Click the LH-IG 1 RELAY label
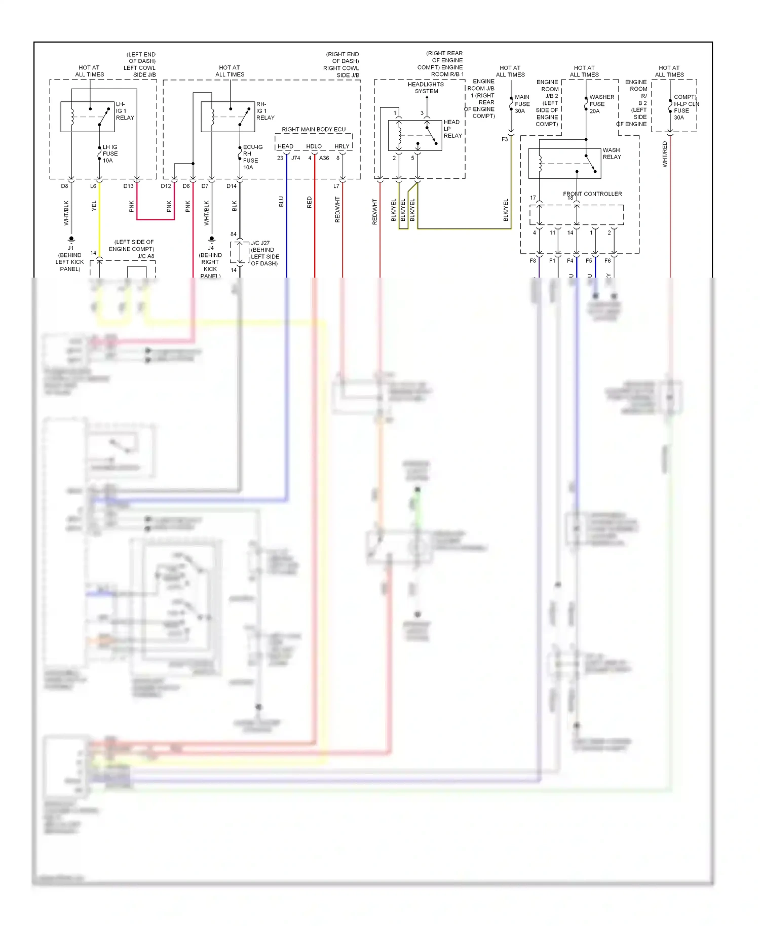[x=124, y=111]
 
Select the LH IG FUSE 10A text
[x=109, y=153]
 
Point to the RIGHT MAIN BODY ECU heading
[x=314, y=129]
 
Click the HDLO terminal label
[x=314, y=146]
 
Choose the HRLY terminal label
[x=341, y=146]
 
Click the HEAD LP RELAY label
[x=452, y=129]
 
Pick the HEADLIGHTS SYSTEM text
[x=426, y=88]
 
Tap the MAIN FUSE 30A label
[x=522, y=104]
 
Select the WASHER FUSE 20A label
[x=601, y=104]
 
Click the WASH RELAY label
[x=611, y=153]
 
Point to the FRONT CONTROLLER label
[x=592, y=194]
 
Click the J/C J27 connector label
[x=260, y=243]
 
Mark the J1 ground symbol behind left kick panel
[x=71, y=239]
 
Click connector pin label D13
[x=128, y=186]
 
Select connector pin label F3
[x=504, y=139]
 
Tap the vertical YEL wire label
[x=94, y=206]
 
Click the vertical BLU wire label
[x=281, y=202]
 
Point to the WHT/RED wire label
[x=665, y=154]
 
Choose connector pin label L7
[x=336, y=186]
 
